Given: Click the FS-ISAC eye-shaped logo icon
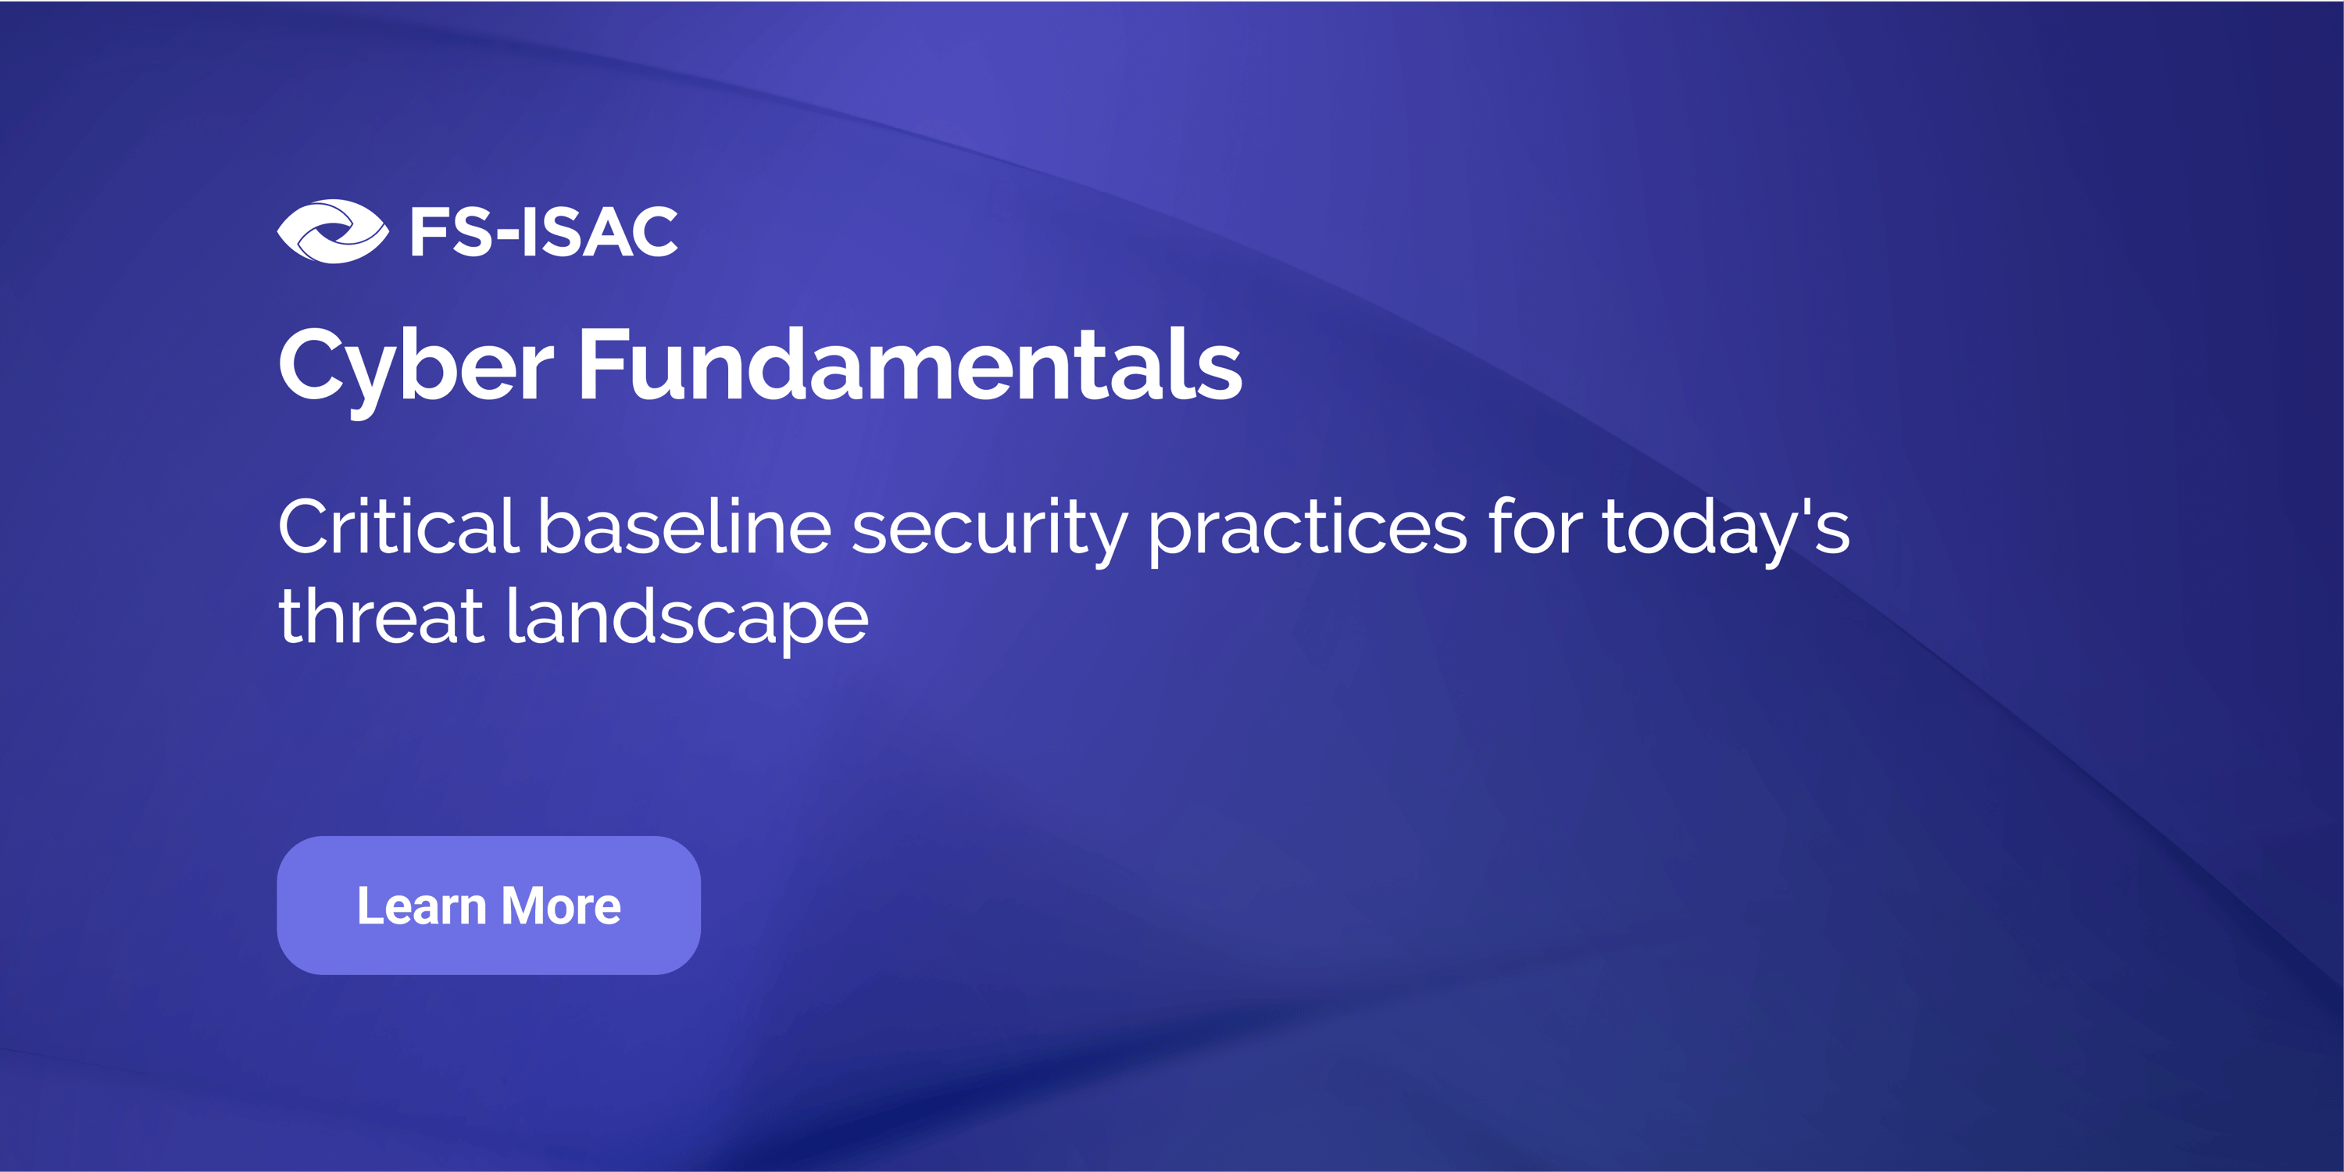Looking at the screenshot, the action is [x=333, y=231].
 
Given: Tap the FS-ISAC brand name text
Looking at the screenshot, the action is [x=544, y=232].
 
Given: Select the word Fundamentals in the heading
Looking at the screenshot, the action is [x=911, y=364].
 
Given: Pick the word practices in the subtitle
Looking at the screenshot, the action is [x=1308, y=531].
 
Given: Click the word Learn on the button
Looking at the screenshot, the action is [x=421, y=906].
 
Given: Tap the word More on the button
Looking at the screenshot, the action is [x=562, y=906].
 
